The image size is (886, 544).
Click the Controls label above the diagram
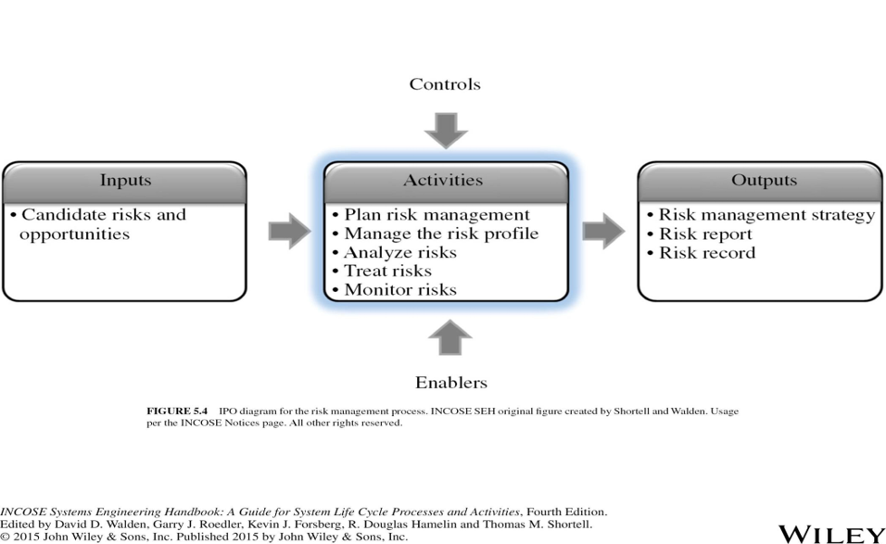coord(445,84)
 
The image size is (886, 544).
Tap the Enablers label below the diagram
coord(451,383)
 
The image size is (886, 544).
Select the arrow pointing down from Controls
coord(446,131)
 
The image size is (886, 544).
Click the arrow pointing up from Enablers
coord(450,337)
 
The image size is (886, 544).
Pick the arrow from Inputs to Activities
coord(289,231)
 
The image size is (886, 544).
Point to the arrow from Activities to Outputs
coord(603,231)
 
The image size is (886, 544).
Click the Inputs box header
coord(125,182)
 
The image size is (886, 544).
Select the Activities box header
coord(446,182)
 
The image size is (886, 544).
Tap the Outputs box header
coord(761,182)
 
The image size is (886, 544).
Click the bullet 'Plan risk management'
coord(431,215)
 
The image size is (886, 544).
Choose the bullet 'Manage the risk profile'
coord(435,234)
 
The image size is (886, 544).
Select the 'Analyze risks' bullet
coord(395,252)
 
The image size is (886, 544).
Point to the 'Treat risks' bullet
coord(382,272)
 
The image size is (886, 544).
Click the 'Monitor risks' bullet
coord(395,290)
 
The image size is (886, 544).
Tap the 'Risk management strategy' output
coord(761,215)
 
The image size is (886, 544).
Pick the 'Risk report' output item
coord(700,234)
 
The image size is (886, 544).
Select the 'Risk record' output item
coord(701,252)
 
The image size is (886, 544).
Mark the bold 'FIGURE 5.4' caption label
coord(177,411)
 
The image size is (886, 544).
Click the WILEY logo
coord(831,535)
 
